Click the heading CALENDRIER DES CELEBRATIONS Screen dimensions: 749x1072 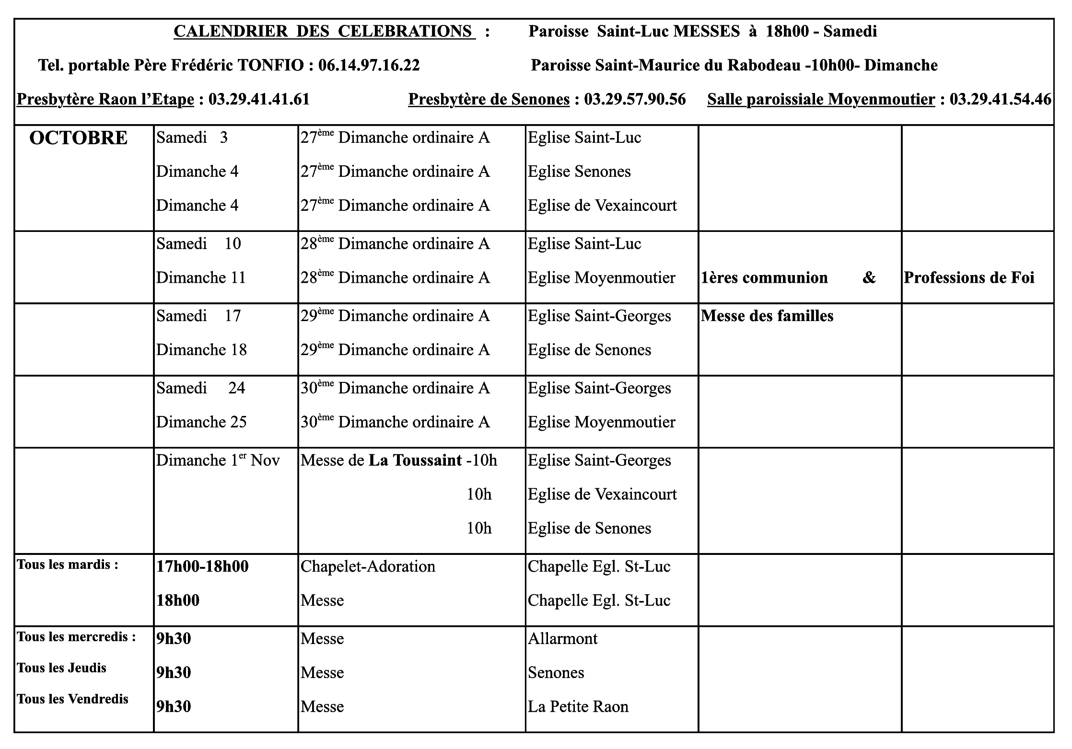coord(324,32)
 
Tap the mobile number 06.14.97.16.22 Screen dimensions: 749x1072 coord(369,65)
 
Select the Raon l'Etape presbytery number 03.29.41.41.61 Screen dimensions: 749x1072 coord(259,99)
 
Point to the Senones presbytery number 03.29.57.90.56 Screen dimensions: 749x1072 coord(634,99)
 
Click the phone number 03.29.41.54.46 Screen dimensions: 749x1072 coord(1000,99)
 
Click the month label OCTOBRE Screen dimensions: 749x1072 coord(79,138)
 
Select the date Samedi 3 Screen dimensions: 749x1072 coord(192,138)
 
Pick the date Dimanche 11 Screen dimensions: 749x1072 coord(200,278)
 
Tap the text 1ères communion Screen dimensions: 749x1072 coord(764,278)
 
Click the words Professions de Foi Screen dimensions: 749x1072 coord(968,278)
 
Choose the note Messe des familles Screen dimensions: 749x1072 coord(767,316)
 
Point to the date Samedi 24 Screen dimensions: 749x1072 coord(200,388)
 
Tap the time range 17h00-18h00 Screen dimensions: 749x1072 coord(202,567)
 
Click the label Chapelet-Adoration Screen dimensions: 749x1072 coord(368,567)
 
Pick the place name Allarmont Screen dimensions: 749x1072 coord(562,639)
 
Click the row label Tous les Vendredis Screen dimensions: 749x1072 coord(72,699)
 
